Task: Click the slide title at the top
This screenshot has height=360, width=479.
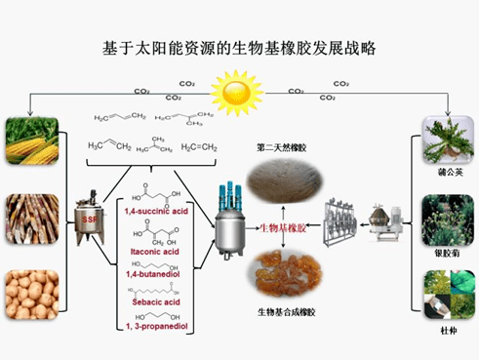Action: coord(240,47)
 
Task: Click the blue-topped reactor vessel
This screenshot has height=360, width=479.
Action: coord(230,220)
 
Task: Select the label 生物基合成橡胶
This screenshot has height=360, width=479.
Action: coord(284,313)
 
